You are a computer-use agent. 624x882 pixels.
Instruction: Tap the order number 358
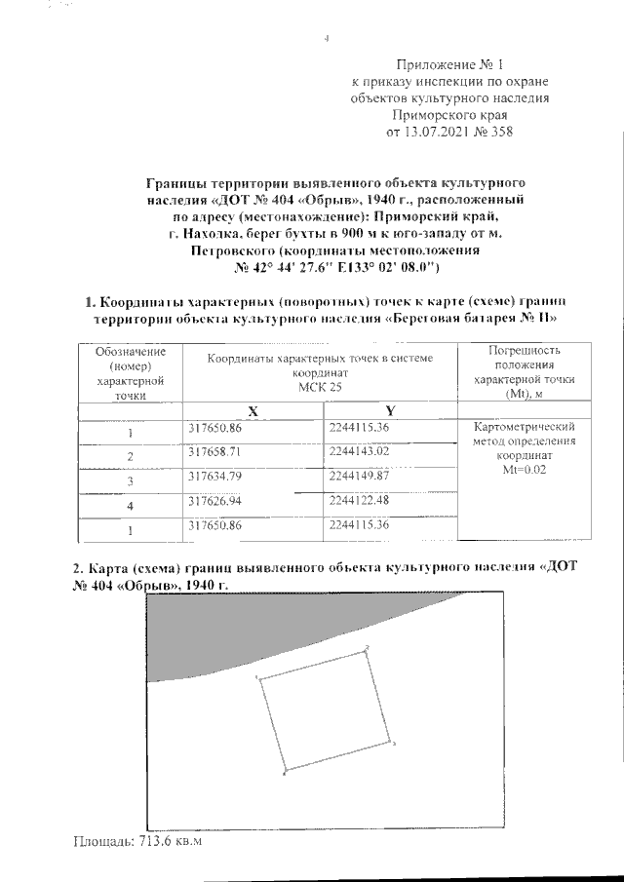499,132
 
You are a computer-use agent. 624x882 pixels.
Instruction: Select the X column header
252,410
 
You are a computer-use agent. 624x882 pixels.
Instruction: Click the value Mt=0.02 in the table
526,469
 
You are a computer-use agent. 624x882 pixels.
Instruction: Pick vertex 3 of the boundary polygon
391,743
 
